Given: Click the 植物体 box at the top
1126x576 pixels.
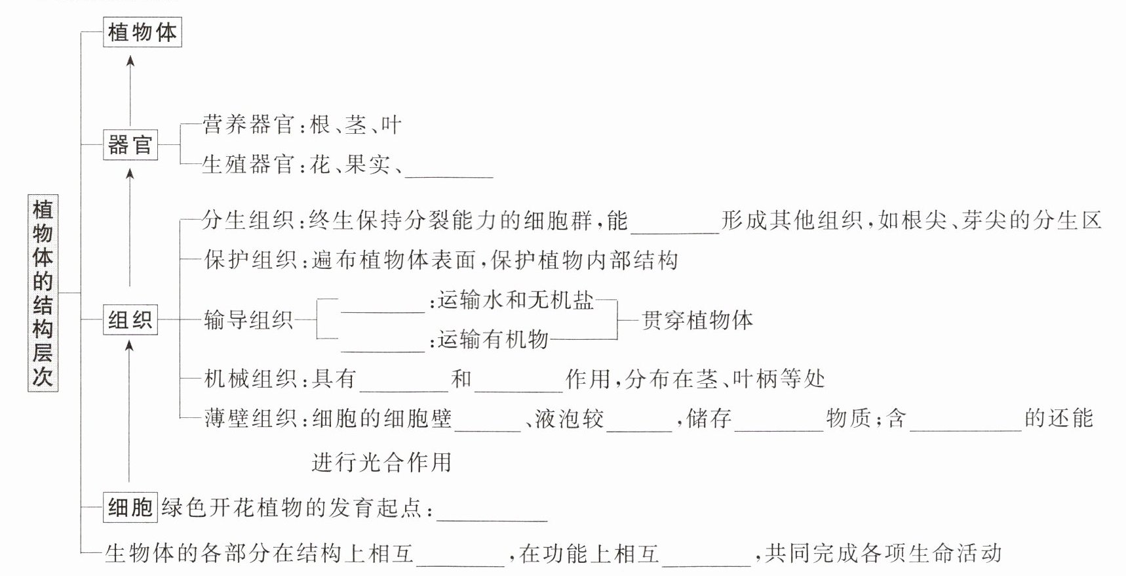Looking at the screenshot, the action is tap(142, 32).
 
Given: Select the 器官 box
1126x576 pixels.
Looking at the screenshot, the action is tap(130, 144).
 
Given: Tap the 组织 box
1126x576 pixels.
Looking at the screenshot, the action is tap(130, 319).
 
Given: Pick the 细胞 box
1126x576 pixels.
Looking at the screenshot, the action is tap(130, 507).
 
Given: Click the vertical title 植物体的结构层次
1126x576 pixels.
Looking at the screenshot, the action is tap(43, 293).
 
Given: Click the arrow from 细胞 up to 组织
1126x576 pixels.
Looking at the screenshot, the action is tap(129, 411).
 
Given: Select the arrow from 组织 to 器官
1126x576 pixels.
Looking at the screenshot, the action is tap(130, 227).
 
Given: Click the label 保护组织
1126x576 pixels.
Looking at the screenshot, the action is tap(250, 260).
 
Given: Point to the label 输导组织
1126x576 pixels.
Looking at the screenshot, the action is tap(248, 319).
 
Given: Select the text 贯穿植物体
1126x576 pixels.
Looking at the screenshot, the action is tap(697, 320).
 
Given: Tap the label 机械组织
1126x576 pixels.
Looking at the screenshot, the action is tap(250, 379).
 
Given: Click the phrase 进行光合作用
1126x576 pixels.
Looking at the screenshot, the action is tap(381, 463).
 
